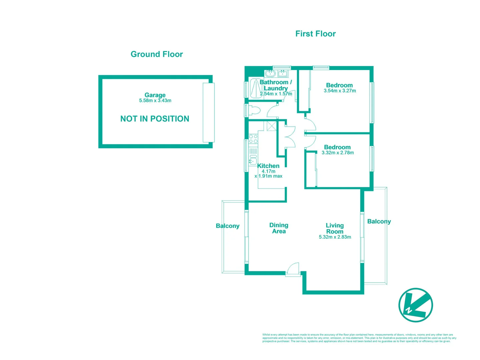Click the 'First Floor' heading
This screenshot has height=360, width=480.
click(x=315, y=34)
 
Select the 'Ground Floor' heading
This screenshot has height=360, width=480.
click(x=156, y=54)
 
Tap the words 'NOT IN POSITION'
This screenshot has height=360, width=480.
click(x=154, y=119)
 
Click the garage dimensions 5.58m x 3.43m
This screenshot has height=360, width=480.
click(x=155, y=101)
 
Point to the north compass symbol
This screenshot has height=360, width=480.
click(x=415, y=305)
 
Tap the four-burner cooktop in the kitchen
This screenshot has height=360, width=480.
click(x=253, y=139)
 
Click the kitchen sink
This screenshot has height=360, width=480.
click(x=253, y=162)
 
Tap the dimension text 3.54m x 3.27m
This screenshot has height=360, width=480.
click(x=340, y=91)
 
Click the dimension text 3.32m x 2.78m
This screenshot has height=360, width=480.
click(x=338, y=153)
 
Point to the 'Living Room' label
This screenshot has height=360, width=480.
click(x=335, y=229)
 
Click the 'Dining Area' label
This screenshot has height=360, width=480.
click(x=279, y=228)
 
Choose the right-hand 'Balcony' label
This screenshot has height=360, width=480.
click(x=379, y=222)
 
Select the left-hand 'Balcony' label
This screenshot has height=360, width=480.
click(x=227, y=226)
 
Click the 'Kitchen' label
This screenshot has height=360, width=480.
click(x=268, y=166)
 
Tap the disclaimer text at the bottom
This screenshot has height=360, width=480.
click(x=359, y=338)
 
